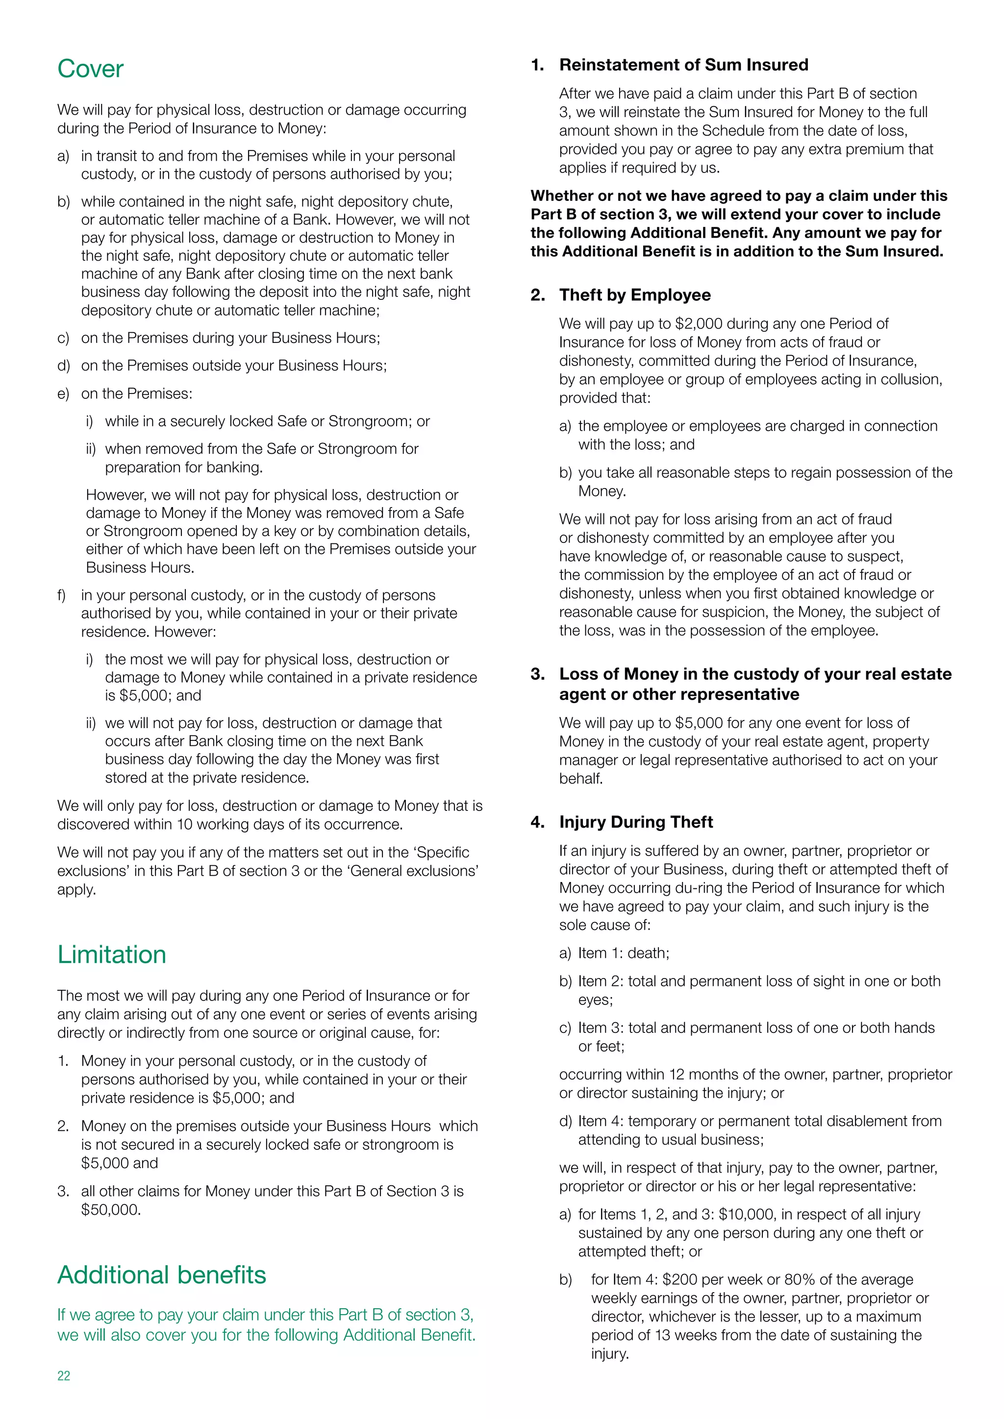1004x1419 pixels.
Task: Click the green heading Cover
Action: click(90, 69)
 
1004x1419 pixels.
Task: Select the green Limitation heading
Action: click(111, 954)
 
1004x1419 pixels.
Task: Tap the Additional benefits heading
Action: click(161, 1274)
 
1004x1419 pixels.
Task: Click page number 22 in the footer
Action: click(64, 1375)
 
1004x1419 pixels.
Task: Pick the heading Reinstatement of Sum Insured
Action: click(683, 65)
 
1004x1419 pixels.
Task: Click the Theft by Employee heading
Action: click(635, 295)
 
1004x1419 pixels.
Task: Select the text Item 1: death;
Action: click(623, 953)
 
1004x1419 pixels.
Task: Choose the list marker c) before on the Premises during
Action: click(63, 338)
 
